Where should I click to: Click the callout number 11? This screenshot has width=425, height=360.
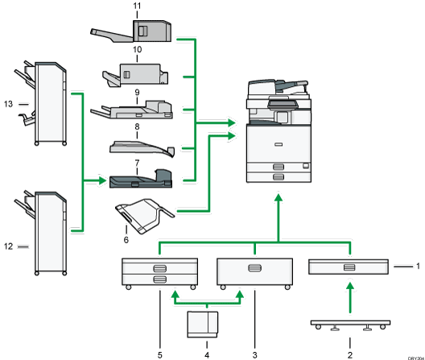pos(138,6)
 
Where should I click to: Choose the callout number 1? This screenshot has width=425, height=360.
pos(417,264)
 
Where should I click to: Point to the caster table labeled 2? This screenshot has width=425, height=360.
pos(352,325)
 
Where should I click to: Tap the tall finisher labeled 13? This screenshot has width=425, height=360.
pos(48,104)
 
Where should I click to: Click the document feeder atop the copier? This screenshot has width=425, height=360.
pos(279,86)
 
